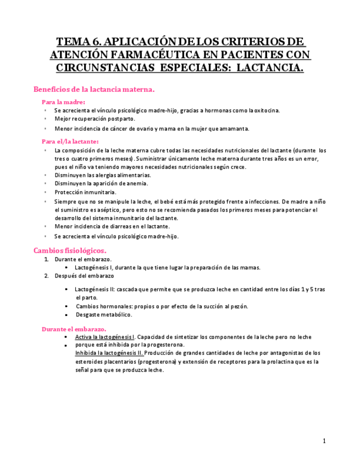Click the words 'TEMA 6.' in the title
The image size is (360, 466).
tap(78, 42)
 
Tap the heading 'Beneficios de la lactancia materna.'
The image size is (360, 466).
tap(94, 89)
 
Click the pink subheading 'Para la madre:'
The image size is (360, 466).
tap(63, 102)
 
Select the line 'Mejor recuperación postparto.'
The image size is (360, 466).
tap(95, 119)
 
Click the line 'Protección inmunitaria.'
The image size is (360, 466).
tap(85, 192)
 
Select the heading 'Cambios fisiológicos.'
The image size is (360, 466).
tap(70, 250)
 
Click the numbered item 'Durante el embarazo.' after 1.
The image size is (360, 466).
tap(83, 259)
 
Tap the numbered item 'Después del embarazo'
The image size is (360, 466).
tap(84, 275)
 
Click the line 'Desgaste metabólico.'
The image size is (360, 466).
tap(104, 315)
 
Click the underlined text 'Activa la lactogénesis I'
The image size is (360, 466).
tap(104, 337)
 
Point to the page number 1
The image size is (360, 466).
tap(324, 441)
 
